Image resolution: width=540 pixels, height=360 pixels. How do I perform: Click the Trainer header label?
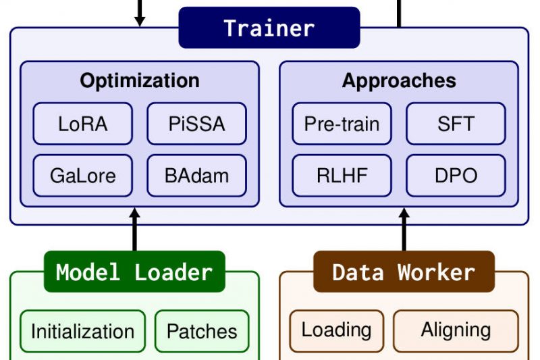pyautogui.click(x=269, y=28)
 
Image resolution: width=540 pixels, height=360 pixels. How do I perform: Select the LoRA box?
pyautogui.click(x=83, y=124)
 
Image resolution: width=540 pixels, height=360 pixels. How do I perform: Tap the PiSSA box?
pyautogui.click(x=196, y=124)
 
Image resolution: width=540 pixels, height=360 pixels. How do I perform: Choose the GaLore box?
pyautogui.click(x=83, y=176)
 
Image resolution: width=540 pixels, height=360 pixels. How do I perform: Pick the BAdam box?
pyautogui.click(x=196, y=176)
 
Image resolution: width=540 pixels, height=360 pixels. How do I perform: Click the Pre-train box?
pyautogui.click(x=342, y=124)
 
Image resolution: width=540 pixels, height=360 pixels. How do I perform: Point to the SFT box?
pyautogui.click(x=456, y=124)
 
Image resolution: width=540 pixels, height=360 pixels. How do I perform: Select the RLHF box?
pyautogui.click(x=342, y=176)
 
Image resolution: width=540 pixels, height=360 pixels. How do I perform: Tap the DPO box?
pyautogui.click(x=456, y=176)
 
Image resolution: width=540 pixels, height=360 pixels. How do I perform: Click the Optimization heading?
pyautogui.click(x=140, y=81)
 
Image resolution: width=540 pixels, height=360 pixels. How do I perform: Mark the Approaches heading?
pyautogui.click(x=399, y=81)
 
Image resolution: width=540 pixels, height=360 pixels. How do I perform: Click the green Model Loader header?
pyautogui.click(x=134, y=272)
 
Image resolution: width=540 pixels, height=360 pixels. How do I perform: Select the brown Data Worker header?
pyautogui.click(x=404, y=272)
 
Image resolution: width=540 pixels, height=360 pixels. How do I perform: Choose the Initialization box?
pyautogui.click(x=82, y=331)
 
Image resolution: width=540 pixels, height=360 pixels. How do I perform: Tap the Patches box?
pyautogui.click(x=202, y=331)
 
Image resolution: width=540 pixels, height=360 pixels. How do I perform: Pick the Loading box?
pyautogui.click(x=336, y=330)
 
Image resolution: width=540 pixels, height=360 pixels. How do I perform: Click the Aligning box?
pyautogui.click(x=456, y=330)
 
